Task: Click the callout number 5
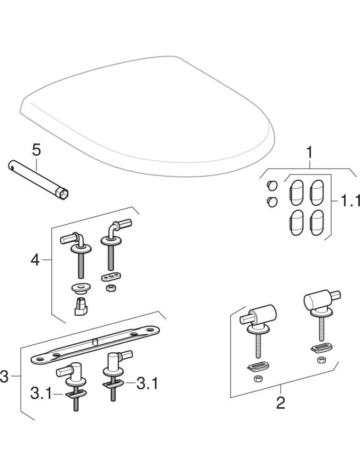pos(36,150)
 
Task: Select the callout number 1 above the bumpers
pos(310,153)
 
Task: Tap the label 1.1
pos(347,200)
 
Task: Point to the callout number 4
pos(34,260)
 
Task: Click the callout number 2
pos(281,403)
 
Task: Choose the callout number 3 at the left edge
pos(5,376)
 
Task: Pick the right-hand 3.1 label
pos(147,382)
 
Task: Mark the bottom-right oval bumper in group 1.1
pos(317,222)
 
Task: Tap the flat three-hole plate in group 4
pos(110,277)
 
